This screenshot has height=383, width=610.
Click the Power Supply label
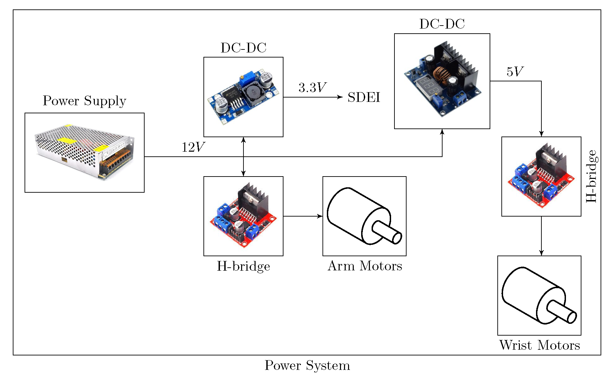[84, 101]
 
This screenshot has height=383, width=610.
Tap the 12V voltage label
[193, 147]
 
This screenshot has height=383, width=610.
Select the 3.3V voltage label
[312, 88]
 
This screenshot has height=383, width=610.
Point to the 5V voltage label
[515, 72]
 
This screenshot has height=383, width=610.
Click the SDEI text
[364, 98]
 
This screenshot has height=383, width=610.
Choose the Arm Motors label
[365, 266]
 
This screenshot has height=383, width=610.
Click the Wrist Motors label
[539, 345]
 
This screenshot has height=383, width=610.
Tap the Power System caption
[307, 366]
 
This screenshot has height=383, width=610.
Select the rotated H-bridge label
[592, 176]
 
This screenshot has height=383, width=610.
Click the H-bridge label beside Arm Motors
[243, 266]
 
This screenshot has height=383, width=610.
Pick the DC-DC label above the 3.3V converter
[243, 48]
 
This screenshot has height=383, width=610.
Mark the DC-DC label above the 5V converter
[442, 24]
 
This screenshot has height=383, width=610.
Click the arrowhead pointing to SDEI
[340, 97]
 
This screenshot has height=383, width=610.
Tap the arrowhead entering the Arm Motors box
[320, 216]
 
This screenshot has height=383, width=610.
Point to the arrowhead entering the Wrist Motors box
[541, 253]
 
